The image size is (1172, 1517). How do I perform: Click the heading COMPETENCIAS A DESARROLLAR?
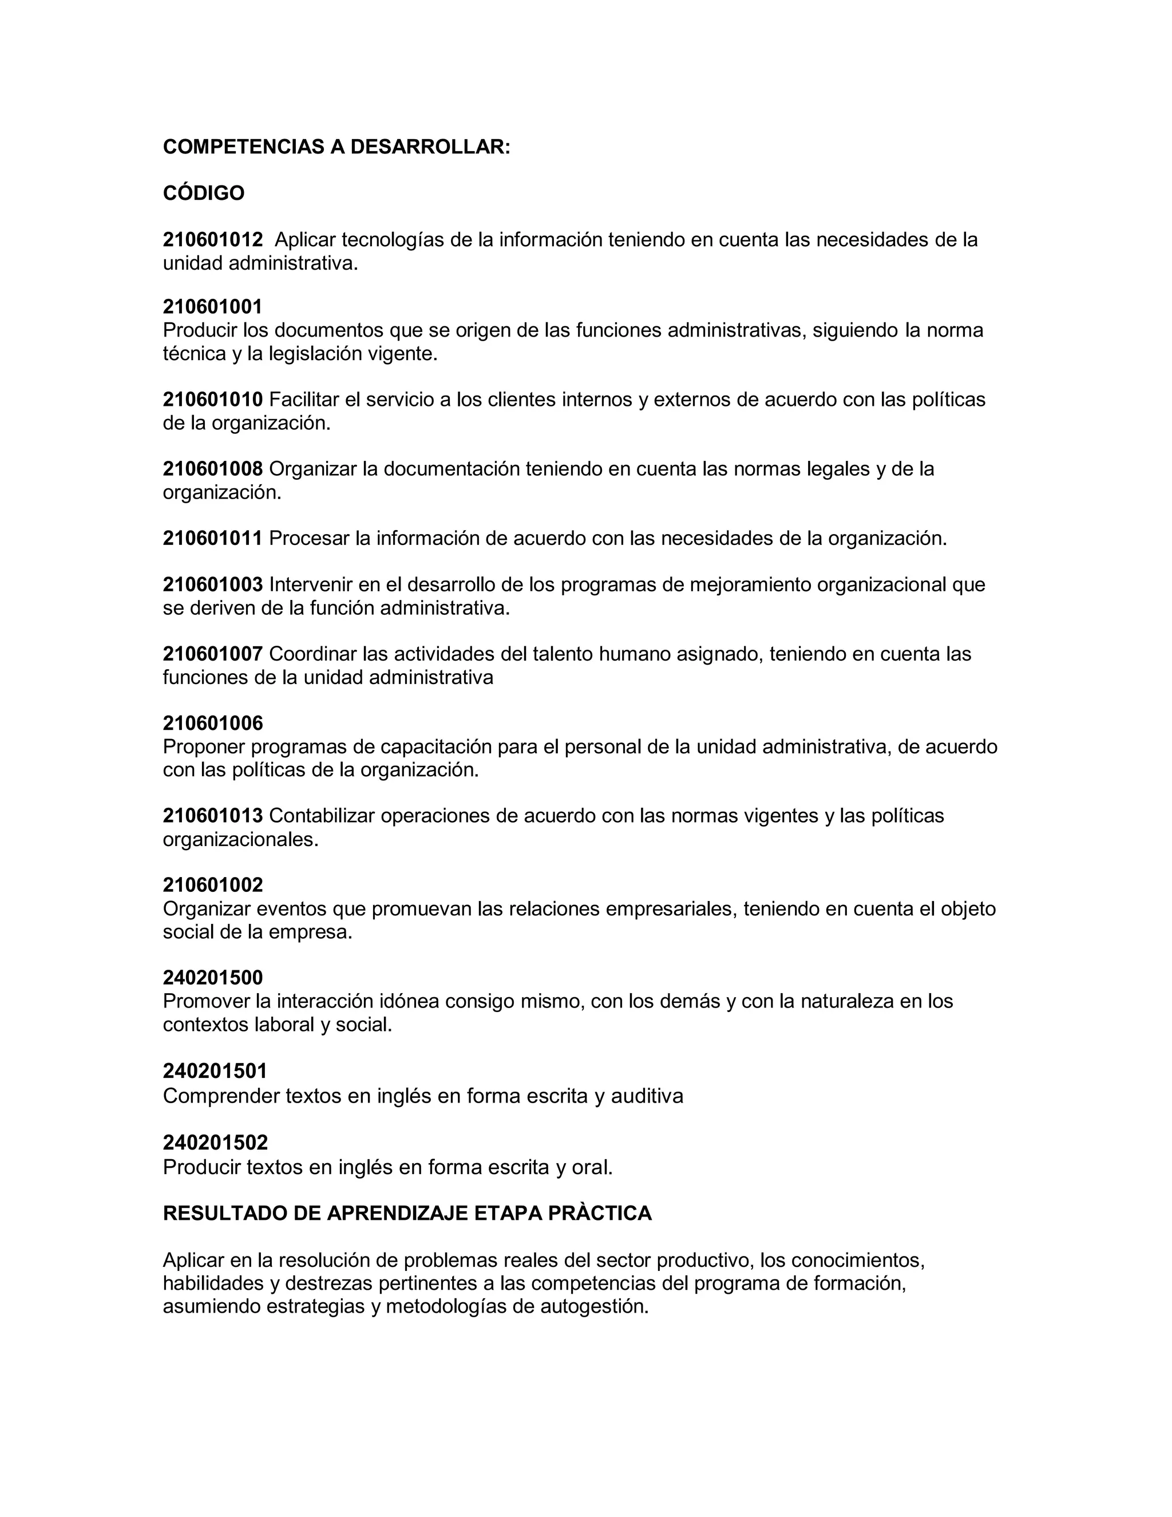tap(336, 147)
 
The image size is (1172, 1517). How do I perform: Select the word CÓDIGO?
tap(203, 193)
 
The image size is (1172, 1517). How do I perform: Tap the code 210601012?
tap(213, 240)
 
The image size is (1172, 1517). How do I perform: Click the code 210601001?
tap(213, 306)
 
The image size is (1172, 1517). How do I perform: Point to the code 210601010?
tap(213, 400)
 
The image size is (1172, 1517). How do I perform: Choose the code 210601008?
tap(213, 469)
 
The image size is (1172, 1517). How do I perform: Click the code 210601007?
tap(213, 654)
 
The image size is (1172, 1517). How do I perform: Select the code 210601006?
tap(213, 723)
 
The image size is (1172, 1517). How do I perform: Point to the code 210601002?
tap(213, 885)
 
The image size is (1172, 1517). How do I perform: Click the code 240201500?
tap(213, 978)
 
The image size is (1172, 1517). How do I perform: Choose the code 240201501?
tap(215, 1070)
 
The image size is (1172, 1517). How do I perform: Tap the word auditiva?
tap(647, 1096)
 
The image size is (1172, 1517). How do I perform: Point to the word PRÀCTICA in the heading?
tap(600, 1213)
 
